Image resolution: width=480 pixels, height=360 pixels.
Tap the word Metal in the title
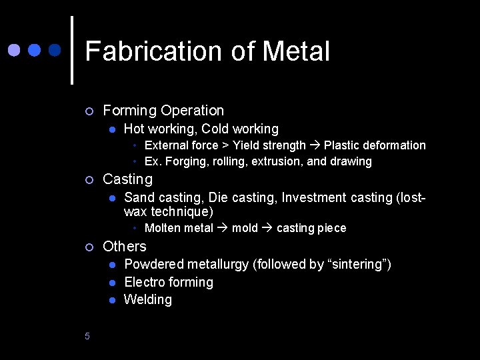click(297, 51)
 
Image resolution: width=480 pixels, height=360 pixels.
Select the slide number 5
click(87, 336)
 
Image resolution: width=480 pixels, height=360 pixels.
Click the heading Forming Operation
click(163, 110)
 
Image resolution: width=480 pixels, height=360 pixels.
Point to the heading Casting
click(127, 179)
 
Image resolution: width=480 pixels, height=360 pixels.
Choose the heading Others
click(125, 246)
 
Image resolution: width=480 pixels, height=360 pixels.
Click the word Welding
click(148, 299)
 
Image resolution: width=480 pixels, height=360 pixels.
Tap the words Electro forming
click(169, 282)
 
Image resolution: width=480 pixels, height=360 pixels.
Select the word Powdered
click(153, 265)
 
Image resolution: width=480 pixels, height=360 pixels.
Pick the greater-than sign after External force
click(225, 145)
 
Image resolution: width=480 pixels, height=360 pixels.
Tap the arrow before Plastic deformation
click(315, 145)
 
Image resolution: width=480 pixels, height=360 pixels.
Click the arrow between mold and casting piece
click(267, 228)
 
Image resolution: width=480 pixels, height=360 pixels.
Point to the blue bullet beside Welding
click(113, 300)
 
